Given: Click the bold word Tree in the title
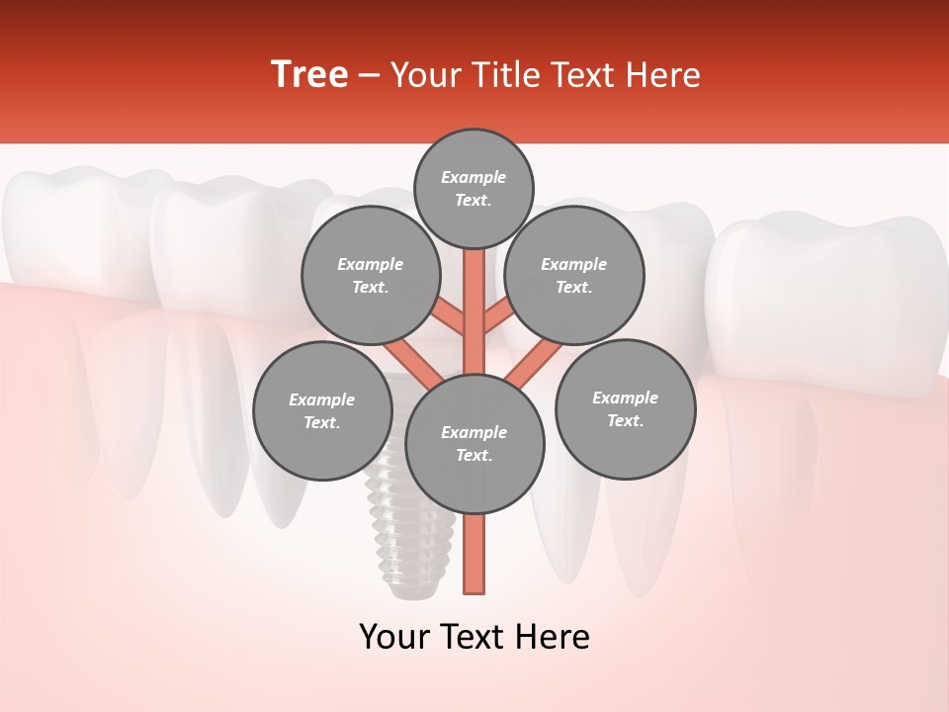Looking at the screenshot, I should coord(309,75).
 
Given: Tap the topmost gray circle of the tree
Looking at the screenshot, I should coord(474,188).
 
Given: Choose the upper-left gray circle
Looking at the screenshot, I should coord(371,275).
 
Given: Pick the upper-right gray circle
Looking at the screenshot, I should coord(574,275).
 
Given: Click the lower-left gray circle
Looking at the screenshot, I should coord(322,410).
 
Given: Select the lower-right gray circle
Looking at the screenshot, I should coord(625,408).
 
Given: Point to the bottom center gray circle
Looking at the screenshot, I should coord(474,443).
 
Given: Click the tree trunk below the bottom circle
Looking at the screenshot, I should coord(474,554).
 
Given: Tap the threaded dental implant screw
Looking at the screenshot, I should coord(399,534).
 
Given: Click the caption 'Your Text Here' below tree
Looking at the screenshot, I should coord(474,637).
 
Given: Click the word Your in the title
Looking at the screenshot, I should coord(425,75).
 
